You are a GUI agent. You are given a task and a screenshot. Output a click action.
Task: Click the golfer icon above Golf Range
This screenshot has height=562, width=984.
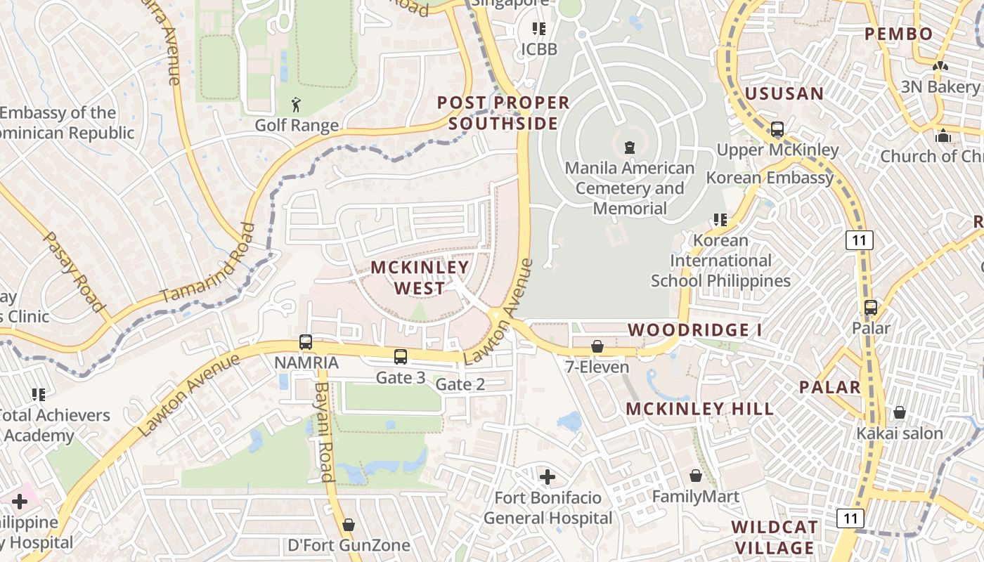tap(297, 105)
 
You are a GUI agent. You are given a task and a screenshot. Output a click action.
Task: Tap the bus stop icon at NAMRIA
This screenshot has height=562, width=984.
tap(306, 342)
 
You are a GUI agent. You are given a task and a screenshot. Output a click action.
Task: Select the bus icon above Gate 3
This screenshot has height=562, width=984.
tap(401, 357)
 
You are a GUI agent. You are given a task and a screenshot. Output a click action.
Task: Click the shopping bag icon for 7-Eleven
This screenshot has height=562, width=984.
tap(597, 346)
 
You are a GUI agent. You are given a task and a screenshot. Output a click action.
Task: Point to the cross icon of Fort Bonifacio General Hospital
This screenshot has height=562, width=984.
tap(548, 477)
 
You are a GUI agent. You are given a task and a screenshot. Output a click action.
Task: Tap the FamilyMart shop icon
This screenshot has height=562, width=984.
tap(695, 476)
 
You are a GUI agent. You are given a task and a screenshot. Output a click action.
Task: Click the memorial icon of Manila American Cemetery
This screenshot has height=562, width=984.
tap(629, 148)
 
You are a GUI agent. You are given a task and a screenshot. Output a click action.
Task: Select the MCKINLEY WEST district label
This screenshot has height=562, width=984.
tap(420, 277)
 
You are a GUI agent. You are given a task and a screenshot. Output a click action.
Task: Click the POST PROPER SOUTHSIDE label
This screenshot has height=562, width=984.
tap(503, 113)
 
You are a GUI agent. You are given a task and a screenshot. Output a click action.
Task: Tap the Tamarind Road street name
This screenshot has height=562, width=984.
tap(208, 264)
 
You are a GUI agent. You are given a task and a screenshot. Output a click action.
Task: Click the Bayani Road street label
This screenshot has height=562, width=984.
tap(324, 432)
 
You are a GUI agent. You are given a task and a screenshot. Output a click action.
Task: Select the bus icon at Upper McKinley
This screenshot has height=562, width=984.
tap(777, 129)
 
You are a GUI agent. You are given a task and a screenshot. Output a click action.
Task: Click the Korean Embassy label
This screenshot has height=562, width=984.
tap(770, 178)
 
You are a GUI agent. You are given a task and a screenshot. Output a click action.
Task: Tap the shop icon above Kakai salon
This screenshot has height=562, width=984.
tap(899, 412)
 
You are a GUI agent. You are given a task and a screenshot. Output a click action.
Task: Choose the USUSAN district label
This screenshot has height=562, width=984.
tap(784, 93)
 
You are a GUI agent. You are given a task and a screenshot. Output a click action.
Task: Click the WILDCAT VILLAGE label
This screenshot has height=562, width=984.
tap(775, 537)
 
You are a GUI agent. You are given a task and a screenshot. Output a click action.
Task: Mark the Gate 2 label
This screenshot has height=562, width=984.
tap(460, 384)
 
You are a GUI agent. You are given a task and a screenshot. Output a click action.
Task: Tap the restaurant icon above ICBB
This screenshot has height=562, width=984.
tap(539, 29)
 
